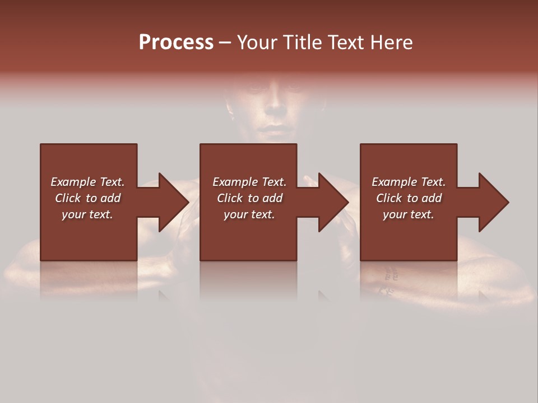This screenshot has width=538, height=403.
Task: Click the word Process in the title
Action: (x=176, y=43)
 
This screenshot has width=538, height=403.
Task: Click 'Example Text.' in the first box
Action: (x=87, y=182)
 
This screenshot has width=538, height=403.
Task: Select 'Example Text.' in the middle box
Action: (x=249, y=182)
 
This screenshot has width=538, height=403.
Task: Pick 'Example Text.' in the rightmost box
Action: (x=409, y=182)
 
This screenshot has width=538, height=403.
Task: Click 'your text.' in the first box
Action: (x=87, y=214)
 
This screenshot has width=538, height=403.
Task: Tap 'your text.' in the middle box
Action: (x=249, y=214)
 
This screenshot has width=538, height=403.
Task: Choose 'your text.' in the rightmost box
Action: (x=409, y=214)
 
